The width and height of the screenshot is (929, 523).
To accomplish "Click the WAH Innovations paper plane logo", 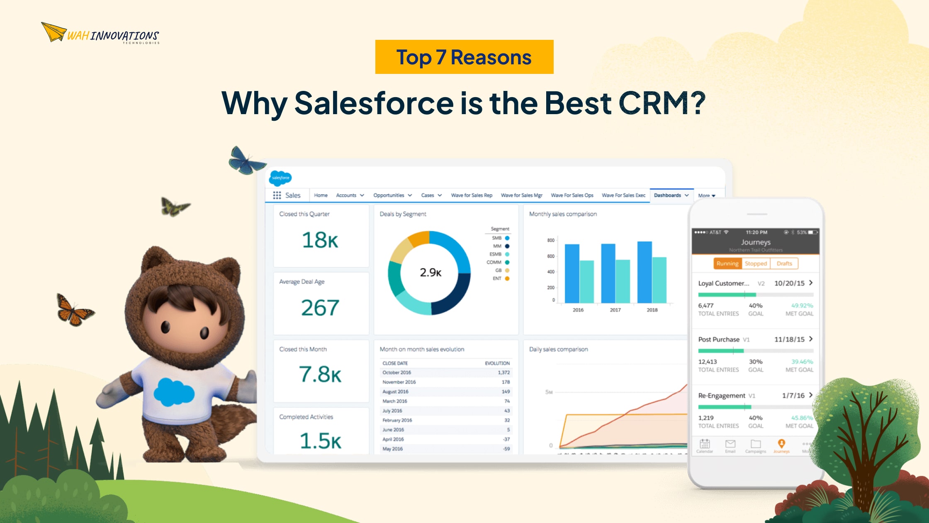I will coord(54,32).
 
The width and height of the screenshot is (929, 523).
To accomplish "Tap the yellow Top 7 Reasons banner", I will coord(464,57).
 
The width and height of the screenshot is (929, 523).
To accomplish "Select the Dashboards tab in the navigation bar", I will coord(667,195).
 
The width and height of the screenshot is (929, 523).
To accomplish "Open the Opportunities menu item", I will coord(389,195).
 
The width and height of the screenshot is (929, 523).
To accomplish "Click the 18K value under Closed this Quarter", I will coord(320,240).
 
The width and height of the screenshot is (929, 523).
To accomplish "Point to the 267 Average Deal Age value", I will coord(320,308).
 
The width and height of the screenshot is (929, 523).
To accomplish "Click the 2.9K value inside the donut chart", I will coord(430,272).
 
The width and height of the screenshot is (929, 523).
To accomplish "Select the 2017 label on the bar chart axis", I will coord(615,310).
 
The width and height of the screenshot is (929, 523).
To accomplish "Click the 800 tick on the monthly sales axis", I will coord(550,240).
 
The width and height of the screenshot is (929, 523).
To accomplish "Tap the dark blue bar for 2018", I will coord(644,272).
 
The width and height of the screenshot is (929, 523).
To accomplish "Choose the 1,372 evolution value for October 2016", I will coord(503,372).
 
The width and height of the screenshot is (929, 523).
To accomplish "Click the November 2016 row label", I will coord(399,382).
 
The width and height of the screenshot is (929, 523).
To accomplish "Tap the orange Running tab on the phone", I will coord(727,264).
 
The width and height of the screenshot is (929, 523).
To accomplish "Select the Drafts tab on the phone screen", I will coord(784,264).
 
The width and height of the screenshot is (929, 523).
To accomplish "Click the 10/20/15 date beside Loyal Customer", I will coord(789,283).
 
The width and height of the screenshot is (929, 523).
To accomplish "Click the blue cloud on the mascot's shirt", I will coord(174,392).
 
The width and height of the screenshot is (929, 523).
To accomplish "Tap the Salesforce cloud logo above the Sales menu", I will coord(281,178).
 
